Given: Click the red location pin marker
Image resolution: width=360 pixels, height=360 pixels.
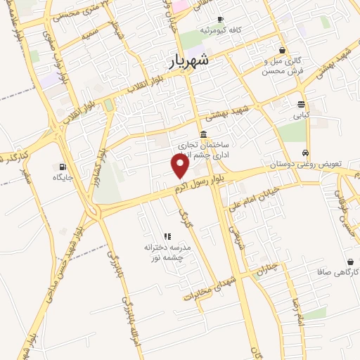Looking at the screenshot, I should (x=181, y=166).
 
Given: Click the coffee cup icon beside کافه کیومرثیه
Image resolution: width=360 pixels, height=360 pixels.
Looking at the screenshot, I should (x=221, y=20).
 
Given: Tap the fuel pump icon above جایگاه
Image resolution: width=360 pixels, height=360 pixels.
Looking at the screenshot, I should (x=63, y=167).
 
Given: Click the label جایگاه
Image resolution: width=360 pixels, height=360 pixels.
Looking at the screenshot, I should (x=63, y=178).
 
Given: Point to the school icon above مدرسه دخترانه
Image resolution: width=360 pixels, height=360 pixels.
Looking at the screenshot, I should (x=167, y=237).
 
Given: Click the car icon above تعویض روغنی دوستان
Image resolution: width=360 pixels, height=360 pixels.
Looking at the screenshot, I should (x=304, y=153).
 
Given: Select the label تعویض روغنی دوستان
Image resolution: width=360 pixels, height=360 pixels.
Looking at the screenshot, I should (x=304, y=164).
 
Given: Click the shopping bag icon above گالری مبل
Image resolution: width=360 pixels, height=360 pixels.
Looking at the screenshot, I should (x=282, y=50).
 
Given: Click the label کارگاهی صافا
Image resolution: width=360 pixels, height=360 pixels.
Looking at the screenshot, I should (x=334, y=271).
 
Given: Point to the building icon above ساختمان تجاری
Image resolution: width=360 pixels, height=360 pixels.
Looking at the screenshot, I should (x=203, y=134).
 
